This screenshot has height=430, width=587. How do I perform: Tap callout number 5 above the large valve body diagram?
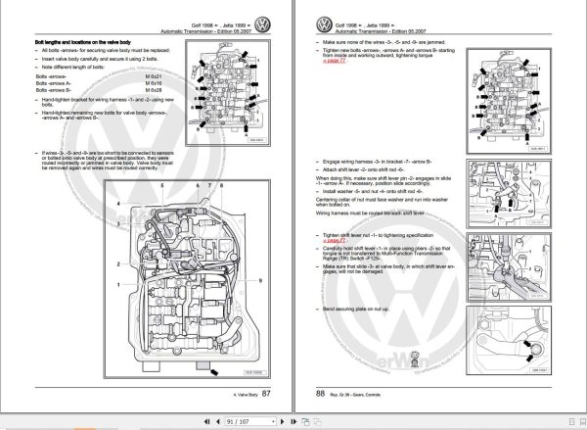click(196, 185)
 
